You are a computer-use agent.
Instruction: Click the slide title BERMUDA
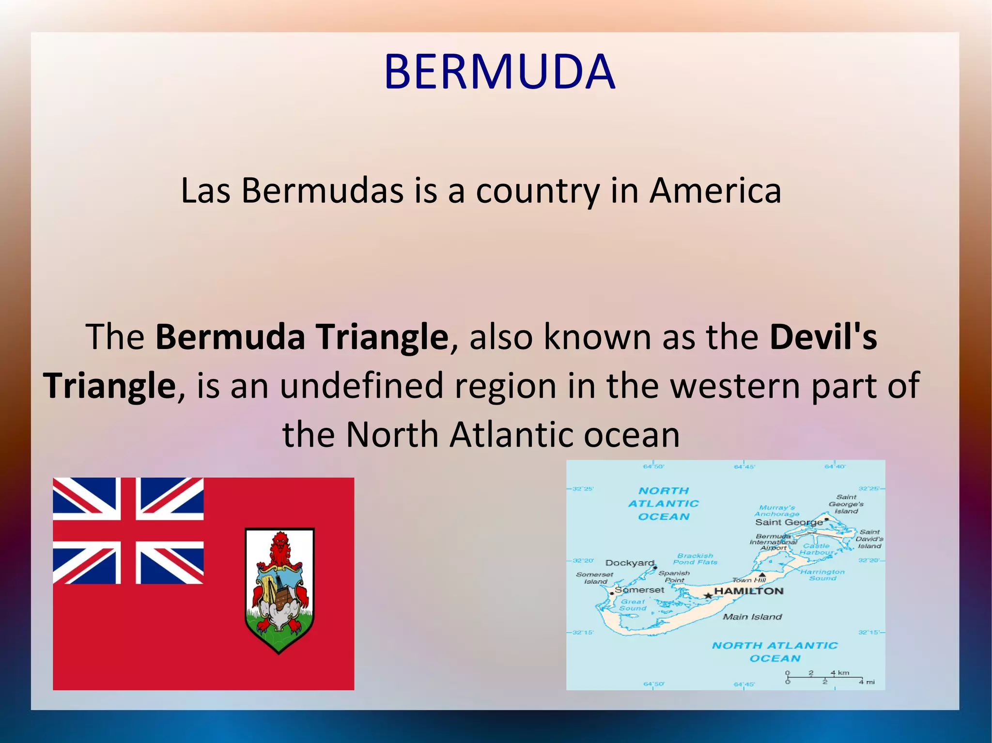click(x=499, y=72)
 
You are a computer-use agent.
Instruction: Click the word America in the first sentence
click(x=715, y=191)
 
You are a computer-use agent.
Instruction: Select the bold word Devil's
click(x=823, y=337)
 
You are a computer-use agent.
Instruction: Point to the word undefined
click(x=361, y=386)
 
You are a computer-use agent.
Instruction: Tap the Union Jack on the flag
click(x=128, y=531)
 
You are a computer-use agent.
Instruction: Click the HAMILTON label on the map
click(x=749, y=591)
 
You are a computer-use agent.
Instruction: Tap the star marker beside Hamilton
click(x=708, y=595)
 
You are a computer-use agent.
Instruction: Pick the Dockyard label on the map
click(x=630, y=563)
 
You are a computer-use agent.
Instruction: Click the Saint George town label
click(x=789, y=522)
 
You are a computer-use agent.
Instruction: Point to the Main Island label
click(x=752, y=617)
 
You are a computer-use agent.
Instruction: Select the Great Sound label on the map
click(x=633, y=605)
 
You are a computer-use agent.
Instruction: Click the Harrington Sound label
click(x=822, y=575)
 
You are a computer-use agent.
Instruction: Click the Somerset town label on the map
click(x=639, y=590)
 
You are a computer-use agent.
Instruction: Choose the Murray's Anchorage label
click(x=777, y=511)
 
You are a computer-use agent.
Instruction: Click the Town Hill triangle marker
click(x=762, y=575)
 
